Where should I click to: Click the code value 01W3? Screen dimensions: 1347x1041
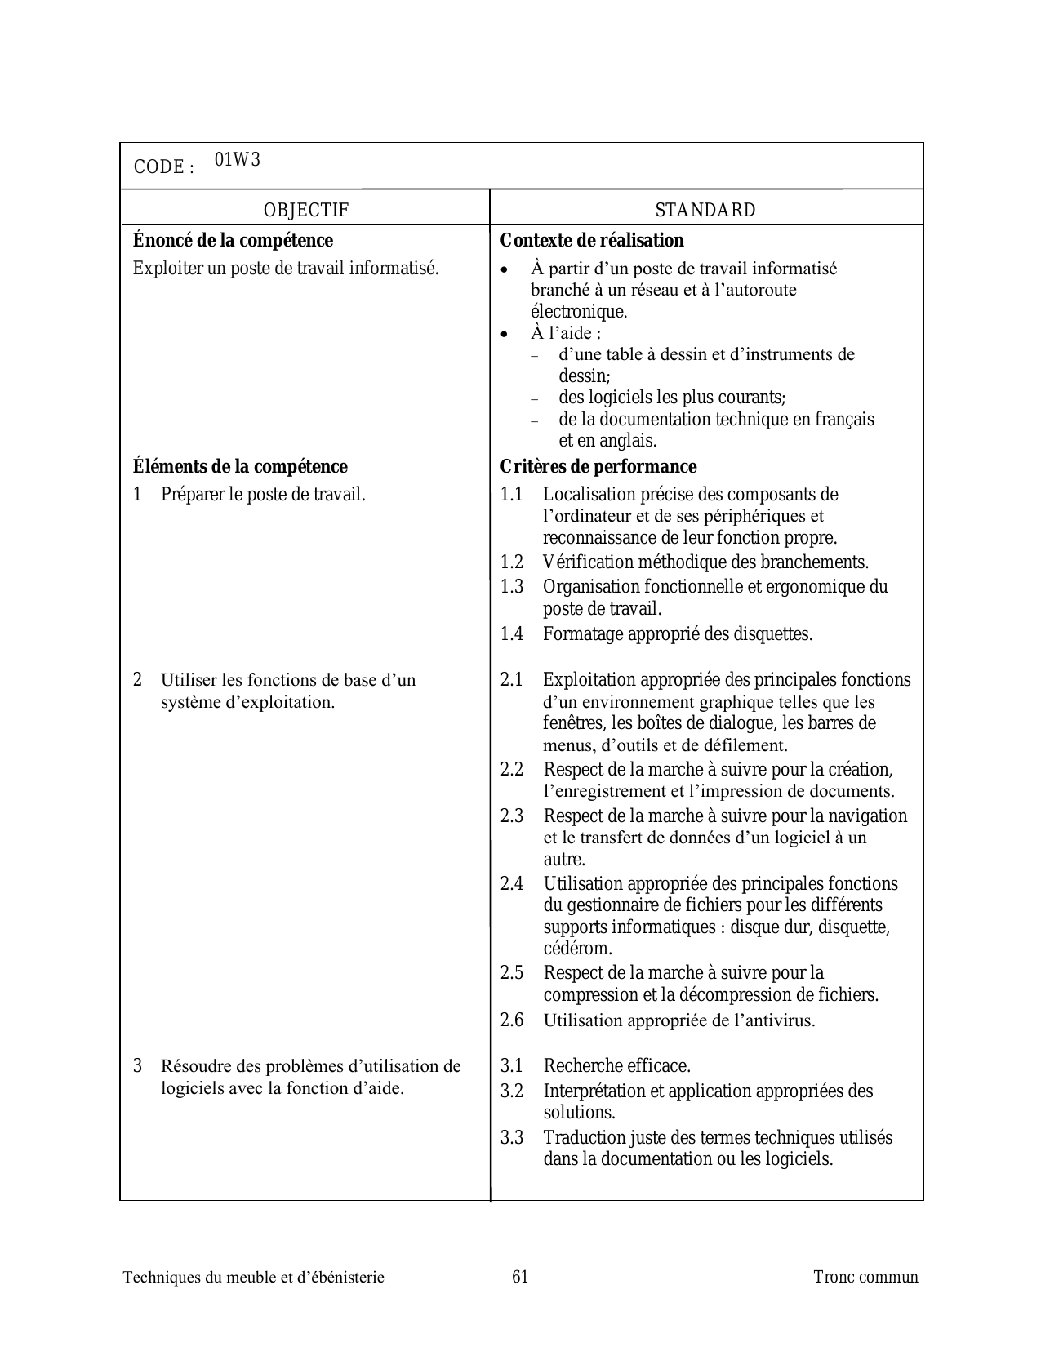click(x=238, y=160)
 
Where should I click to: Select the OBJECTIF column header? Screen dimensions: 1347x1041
click(x=305, y=210)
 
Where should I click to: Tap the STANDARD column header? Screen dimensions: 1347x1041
click(x=705, y=210)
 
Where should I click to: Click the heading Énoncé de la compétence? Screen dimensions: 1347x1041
click(x=233, y=240)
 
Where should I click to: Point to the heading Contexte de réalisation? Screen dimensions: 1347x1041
click(x=591, y=240)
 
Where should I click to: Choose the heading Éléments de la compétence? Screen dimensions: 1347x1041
click(x=239, y=466)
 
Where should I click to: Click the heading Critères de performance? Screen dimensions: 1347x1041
click(x=598, y=466)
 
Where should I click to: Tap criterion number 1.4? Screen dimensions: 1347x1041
click(x=511, y=633)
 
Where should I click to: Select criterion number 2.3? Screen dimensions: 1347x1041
click(x=511, y=816)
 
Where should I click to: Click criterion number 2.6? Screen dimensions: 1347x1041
click(x=511, y=1020)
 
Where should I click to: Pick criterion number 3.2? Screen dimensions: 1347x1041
click(x=511, y=1091)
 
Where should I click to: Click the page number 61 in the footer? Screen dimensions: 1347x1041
click(x=520, y=1277)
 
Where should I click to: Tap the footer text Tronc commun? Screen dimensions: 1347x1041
click(x=865, y=1277)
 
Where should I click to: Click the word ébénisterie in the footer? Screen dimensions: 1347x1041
click(x=346, y=1277)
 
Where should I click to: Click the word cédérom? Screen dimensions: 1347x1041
click(x=577, y=949)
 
